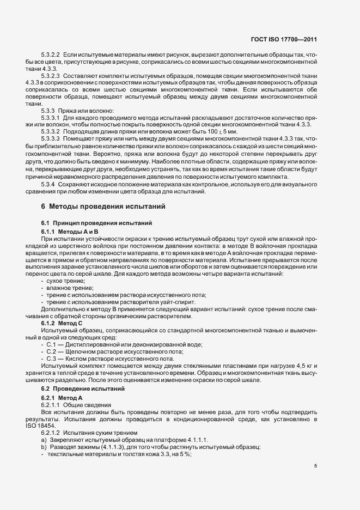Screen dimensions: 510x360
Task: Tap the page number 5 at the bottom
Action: [x=315, y=466]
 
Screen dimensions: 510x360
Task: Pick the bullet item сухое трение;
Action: [x=65, y=280]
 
